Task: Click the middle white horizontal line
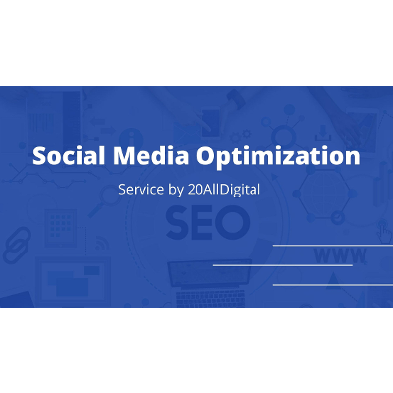[x=282, y=265]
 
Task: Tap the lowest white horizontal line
[x=332, y=285]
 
